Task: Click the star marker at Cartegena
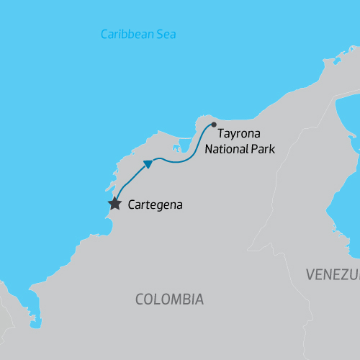click(x=114, y=204)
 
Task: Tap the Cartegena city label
click(x=155, y=205)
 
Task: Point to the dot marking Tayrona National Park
click(x=213, y=125)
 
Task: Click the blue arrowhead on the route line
click(x=148, y=163)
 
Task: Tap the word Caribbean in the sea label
click(x=127, y=35)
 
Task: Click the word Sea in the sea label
click(x=166, y=35)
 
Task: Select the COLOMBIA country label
click(x=169, y=299)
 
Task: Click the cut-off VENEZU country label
click(x=332, y=274)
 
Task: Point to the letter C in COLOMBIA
click(x=140, y=299)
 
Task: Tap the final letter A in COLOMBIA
click(x=199, y=299)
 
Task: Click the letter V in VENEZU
click(x=310, y=274)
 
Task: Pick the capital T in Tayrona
click(x=221, y=135)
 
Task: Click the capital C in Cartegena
click(x=130, y=205)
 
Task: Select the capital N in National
click(x=209, y=150)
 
